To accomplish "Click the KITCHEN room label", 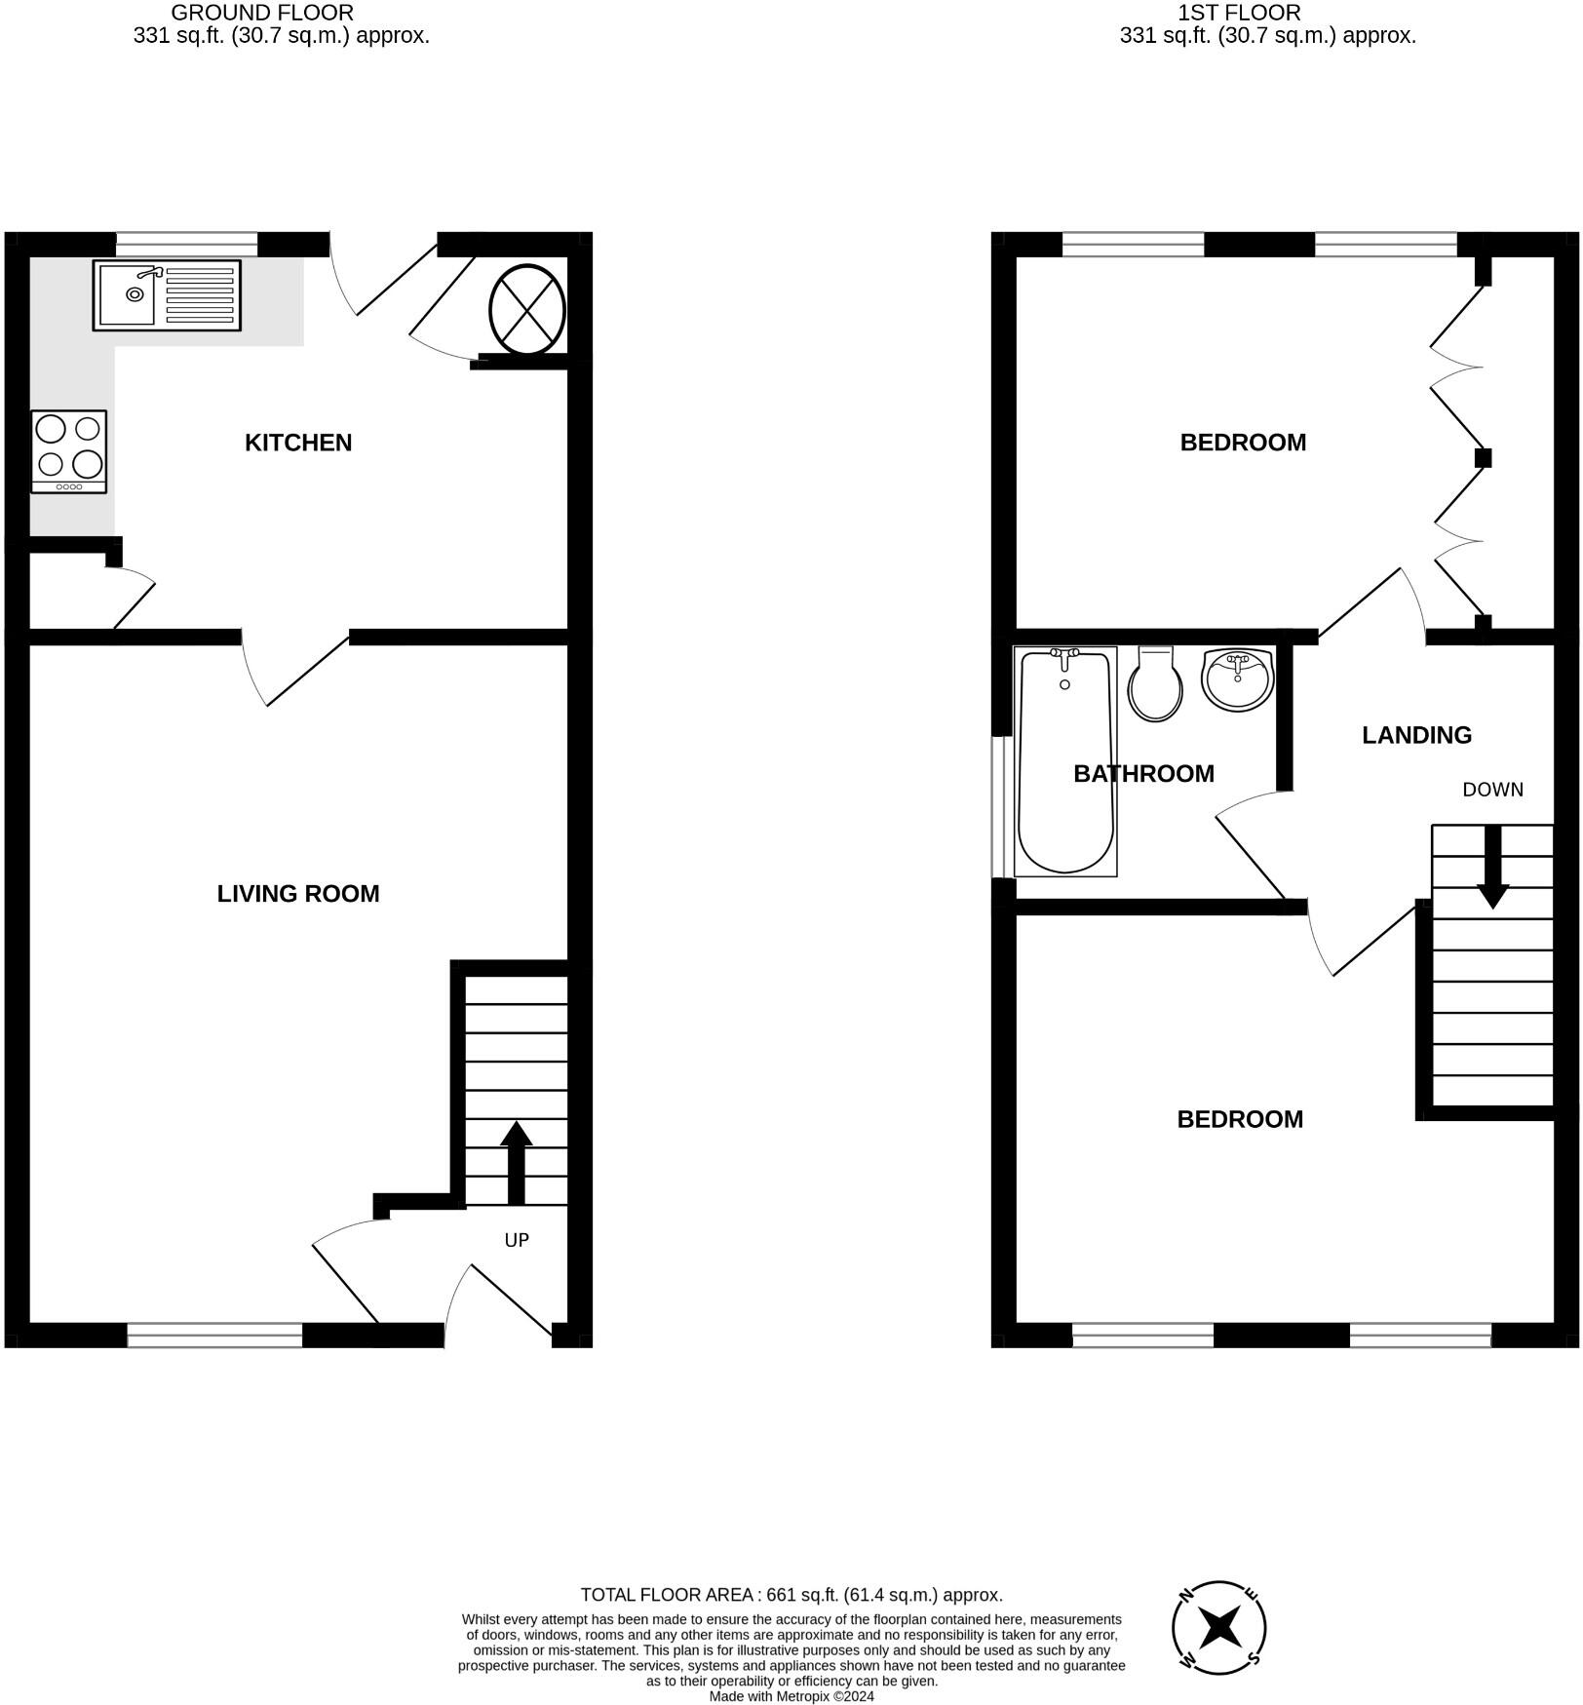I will [x=297, y=443].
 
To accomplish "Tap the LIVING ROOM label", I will [x=297, y=894].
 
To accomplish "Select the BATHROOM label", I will [x=1143, y=774].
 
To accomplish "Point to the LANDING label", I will [x=1416, y=735].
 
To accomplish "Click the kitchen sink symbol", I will [x=167, y=294].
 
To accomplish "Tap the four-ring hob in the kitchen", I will [x=68, y=451].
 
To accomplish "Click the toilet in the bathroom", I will [x=1155, y=684].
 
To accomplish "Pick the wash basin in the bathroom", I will [x=1237, y=678].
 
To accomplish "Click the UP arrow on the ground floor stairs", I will [x=516, y=1162].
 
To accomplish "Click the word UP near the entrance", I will [x=517, y=1240].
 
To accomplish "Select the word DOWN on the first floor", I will [x=1492, y=790].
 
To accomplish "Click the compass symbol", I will [x=1218, y=1627].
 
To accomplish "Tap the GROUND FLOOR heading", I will [x=262, y=13].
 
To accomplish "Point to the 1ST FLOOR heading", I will [x=1239, y=13].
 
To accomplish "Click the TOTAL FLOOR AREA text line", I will [x=791, y=1595].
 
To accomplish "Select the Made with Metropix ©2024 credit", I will [x=791, y=1696].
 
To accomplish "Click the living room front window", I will [x=214, y=1335].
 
